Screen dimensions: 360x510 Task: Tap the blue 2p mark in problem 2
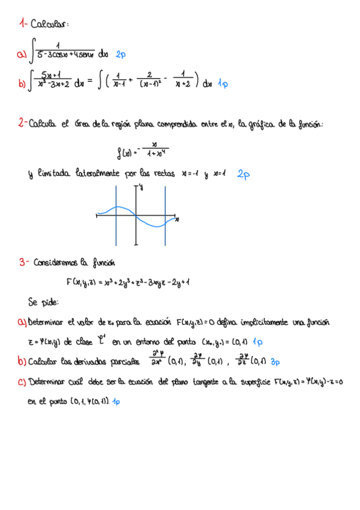click(243, 174)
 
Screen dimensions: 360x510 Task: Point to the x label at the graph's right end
click(177, 221)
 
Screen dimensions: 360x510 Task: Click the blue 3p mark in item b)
click(276, 362)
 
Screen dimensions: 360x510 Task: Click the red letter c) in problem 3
click(22, 382)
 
